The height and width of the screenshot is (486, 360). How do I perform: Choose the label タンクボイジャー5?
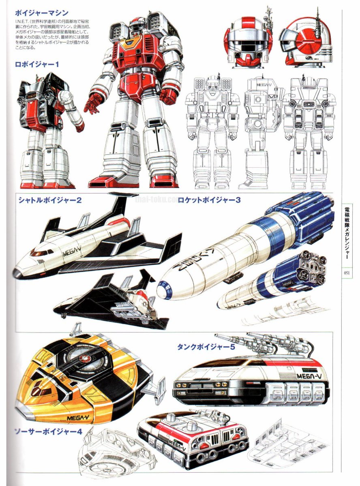coord(206,347)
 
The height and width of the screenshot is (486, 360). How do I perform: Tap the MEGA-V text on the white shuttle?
coord(73,254)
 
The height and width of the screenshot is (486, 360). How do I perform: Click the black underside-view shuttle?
coord(109,300)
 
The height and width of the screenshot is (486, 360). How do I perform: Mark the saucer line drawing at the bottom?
coord(114,454)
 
